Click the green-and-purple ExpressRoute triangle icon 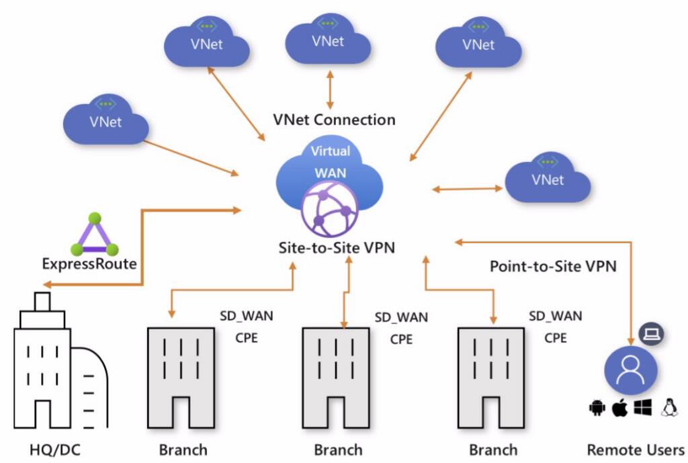(x=95, y=235)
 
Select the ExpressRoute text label (x=89, y=264)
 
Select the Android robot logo (x=597, y=408)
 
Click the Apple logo (x=619, y=407)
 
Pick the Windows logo (x=642, y=407)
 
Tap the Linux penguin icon (x=669, y=407)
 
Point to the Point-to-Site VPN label (x=553, y=265)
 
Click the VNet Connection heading (x=334, y=120)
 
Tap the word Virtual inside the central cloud (x=330, y=151)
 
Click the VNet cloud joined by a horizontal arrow (x=548, y=179)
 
